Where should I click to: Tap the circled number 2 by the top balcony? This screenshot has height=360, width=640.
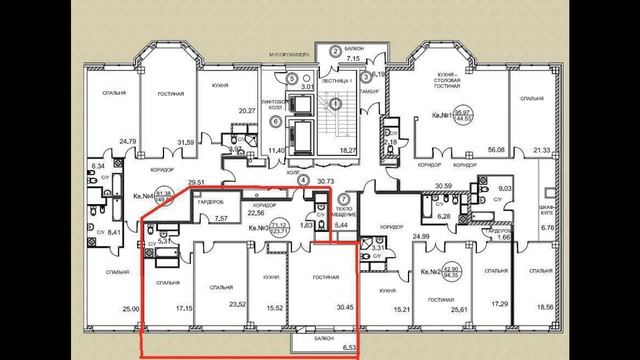(335, 52)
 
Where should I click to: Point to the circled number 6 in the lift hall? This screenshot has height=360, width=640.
(289, 121)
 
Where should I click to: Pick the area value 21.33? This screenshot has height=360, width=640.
(541, 150)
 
